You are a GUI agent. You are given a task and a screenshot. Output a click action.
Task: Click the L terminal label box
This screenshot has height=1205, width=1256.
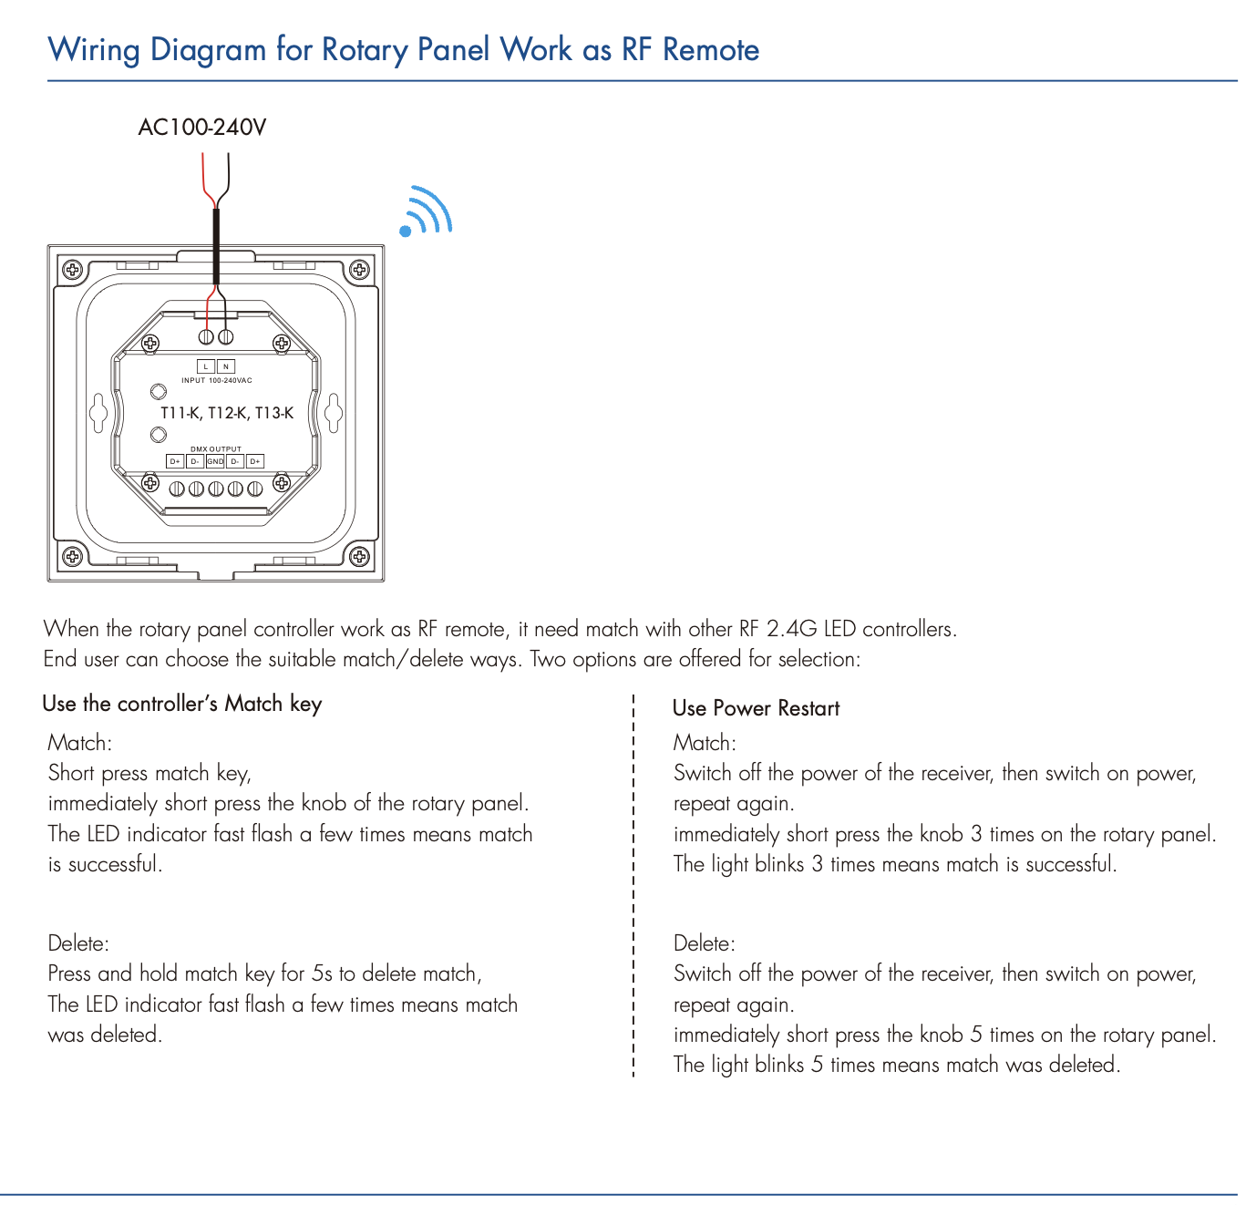tap(206, 366)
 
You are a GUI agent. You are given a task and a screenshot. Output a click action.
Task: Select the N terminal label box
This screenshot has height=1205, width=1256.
tap(226, 366)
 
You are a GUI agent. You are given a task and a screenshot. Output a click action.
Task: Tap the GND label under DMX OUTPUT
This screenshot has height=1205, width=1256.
tap(215, 461)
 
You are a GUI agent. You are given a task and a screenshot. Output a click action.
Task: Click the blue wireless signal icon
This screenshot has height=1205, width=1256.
tap(426, 211)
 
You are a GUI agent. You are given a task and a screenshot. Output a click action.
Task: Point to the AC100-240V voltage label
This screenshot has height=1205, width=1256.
tap(202, 127)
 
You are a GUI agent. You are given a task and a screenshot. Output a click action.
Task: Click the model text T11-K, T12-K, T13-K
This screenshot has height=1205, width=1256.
tap(227, 413)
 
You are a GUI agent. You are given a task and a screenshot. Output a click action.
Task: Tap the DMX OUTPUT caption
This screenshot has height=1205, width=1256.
tap(216, 449)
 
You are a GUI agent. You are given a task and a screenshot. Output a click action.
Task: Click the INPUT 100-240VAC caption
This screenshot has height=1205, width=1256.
tap(217, 381)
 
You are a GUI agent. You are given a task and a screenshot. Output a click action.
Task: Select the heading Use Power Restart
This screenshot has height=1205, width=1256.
tap(756, 708)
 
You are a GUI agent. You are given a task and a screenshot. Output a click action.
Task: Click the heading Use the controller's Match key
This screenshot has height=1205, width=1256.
tap(182, 705)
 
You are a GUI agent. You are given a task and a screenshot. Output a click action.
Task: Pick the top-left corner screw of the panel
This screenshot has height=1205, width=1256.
tap(72, 269)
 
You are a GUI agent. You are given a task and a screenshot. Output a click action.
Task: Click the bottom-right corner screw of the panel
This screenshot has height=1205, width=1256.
tap(359, 556)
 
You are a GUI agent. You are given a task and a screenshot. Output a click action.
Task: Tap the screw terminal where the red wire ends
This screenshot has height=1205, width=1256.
tap(206, 337)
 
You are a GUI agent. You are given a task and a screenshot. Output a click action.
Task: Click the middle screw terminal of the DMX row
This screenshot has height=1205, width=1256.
tap(216, 489)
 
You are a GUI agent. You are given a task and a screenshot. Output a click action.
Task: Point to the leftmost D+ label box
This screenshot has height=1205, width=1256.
tap(175, 461)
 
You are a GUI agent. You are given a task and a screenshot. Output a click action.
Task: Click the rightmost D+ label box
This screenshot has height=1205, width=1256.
tap(255, 461)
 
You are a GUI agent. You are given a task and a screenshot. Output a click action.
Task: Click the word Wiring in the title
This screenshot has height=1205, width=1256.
tap(94, 50)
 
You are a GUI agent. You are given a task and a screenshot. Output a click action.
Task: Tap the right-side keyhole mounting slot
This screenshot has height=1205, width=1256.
tap(333, 412)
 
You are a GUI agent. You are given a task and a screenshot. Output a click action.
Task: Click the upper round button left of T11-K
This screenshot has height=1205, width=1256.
tap(158, 392)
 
